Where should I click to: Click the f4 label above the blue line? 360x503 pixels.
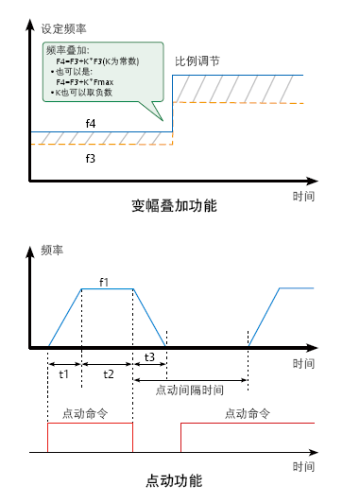click(91, 123)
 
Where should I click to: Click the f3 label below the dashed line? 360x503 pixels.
click(91, 158)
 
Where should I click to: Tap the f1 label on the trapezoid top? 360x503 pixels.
click(104, 283)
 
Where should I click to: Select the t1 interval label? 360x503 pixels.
click(64, 374)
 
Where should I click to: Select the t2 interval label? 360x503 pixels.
click(109, 374)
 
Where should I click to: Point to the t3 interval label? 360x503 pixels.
click(149, 357)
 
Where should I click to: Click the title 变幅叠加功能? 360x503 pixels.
click(174, 205)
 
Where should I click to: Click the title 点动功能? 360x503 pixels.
click(174, 481)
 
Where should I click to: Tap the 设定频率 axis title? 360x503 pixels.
click(63, 29)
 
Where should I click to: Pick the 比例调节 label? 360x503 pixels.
click(197, 61)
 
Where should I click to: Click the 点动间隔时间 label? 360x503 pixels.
click(190, 390)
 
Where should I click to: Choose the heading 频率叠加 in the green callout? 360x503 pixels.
click(68, 50)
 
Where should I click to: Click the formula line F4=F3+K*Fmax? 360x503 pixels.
click(85, 82)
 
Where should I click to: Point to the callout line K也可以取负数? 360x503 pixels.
click(81, 93)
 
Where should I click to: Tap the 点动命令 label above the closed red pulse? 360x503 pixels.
click(85, 413)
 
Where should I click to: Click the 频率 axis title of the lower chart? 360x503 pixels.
click(52, 250)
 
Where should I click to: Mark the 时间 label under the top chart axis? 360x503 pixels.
click(303, 196)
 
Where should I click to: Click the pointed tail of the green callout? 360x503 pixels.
click(163, 121)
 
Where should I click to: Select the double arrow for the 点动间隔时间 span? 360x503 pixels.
click(191, 380)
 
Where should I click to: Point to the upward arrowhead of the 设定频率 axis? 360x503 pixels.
click(30, 19)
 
